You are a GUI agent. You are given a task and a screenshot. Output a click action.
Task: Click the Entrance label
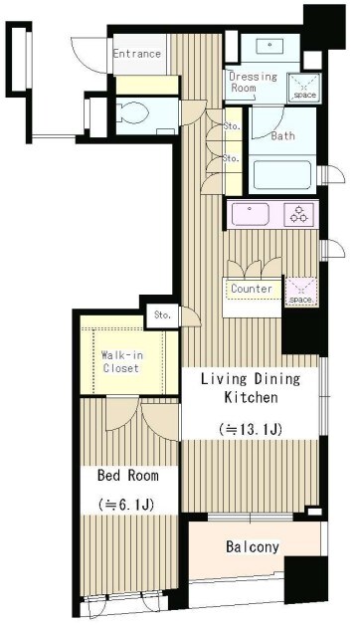tap(136, 54)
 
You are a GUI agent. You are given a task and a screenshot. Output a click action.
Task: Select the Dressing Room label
tap(252, 82)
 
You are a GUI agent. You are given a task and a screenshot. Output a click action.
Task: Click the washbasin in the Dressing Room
tap(270, 46)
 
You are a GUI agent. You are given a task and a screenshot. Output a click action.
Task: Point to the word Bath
tap(282, 135)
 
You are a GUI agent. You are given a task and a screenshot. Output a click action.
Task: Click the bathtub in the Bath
tap(282, 174)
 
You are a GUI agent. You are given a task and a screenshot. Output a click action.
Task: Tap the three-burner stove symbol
tap(298, 214)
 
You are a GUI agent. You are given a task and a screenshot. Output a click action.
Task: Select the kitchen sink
tap(251, 214)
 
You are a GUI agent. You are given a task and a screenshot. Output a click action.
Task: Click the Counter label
tap(252, 289)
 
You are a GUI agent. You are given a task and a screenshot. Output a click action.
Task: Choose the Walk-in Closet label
tap(122, 361)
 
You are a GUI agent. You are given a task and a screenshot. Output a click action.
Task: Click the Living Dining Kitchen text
tap(251, 387)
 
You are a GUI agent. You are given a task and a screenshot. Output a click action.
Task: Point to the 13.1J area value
tap(251, 429)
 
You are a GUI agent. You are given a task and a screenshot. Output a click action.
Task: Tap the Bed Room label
tap(128, 475)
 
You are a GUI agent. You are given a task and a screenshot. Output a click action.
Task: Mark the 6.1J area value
tap(126, 505)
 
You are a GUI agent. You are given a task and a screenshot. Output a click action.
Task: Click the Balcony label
tap(252, 546)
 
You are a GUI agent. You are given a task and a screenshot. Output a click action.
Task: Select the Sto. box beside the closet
tap(162, 315)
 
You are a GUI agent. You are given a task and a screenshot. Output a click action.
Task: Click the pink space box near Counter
tap(301, 293)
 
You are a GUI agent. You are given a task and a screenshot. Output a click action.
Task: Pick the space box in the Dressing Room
tap(304, 88)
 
